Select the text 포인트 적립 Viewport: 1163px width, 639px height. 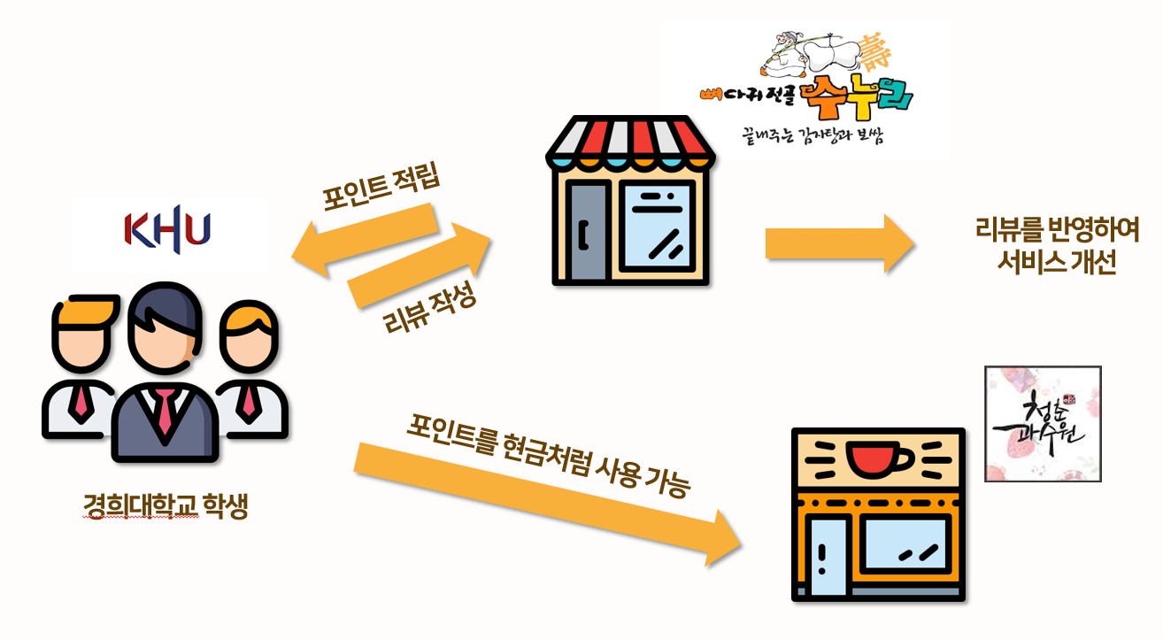tap(382, 186)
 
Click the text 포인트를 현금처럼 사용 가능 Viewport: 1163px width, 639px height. tap(548, 451)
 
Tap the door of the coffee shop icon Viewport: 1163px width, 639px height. tap(828, 558)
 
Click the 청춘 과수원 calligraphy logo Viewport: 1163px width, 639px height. tap(1043, 424)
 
